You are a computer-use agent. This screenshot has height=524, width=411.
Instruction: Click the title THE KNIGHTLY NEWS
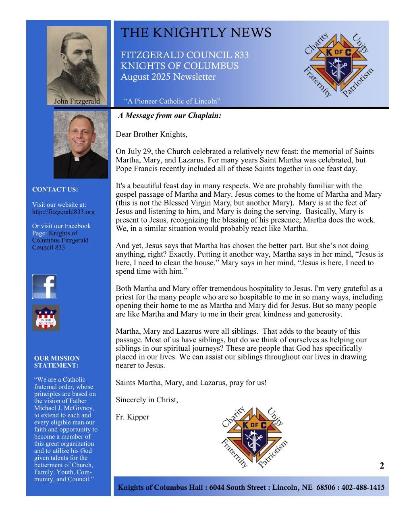(x=196, y=33)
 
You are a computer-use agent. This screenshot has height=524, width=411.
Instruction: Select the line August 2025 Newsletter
(x=168, y=77)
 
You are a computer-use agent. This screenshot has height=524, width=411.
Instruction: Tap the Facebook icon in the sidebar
(x=44, y=287)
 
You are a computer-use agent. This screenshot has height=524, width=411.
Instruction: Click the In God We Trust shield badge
(x=46, y=318)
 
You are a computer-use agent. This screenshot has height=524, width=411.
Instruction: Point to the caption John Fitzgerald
(x=77, y=101)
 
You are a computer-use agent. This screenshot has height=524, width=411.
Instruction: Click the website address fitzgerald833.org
(x=63, y=212)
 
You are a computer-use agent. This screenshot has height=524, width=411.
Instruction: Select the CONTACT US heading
(x=55, y=189)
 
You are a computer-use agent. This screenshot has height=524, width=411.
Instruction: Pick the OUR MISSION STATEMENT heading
(x=57, y=362)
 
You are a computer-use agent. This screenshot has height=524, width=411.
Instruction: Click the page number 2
(x=382, y=466)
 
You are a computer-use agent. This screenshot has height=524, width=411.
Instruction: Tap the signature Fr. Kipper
(x=133, y=417)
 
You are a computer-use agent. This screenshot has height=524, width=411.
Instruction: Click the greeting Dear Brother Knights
(x=152, y=134)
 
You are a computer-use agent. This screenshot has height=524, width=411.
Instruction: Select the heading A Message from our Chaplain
(x=170, y=116)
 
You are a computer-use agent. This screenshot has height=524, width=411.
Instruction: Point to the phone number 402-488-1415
(x=363, y=487)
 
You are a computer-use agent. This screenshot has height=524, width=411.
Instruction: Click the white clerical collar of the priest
(x=81, y=159)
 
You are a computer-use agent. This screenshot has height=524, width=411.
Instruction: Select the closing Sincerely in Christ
(x=147, y=400)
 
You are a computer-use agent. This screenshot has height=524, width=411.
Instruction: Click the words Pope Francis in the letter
(x=137, y=168)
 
